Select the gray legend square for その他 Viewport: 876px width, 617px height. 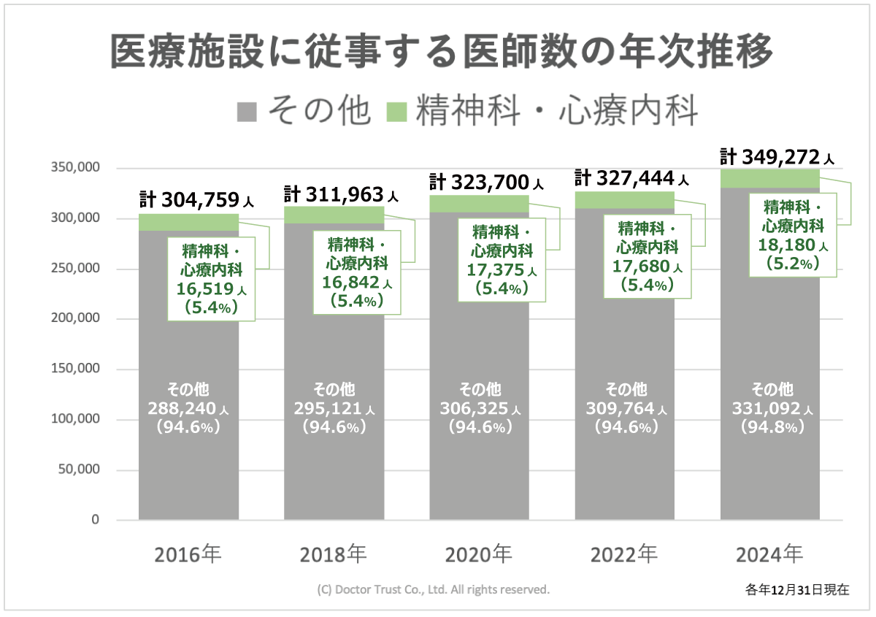247,111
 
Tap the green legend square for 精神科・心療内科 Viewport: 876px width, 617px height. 396,111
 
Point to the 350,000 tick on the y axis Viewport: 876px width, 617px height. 75,168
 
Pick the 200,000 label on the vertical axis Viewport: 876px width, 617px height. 75,319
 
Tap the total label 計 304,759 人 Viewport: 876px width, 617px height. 196,199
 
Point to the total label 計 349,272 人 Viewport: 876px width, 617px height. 777,157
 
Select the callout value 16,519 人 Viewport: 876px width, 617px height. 211,289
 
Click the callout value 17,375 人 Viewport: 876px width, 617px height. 502,270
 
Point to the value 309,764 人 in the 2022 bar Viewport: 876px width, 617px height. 625,408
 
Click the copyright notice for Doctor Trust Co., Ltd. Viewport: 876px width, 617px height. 434,589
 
